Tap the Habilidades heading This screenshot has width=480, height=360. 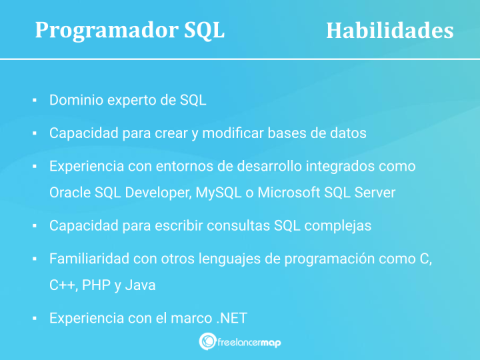tap(389, 31)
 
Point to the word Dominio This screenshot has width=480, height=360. tap(75, 101)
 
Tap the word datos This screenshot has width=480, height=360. tap(348, 133)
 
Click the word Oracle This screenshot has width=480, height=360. tap(70, 193)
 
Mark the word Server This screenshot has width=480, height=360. tap(374, 193)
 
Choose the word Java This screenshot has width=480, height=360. tap(140, 285)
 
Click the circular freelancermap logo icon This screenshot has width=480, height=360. tap(207, 341)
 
